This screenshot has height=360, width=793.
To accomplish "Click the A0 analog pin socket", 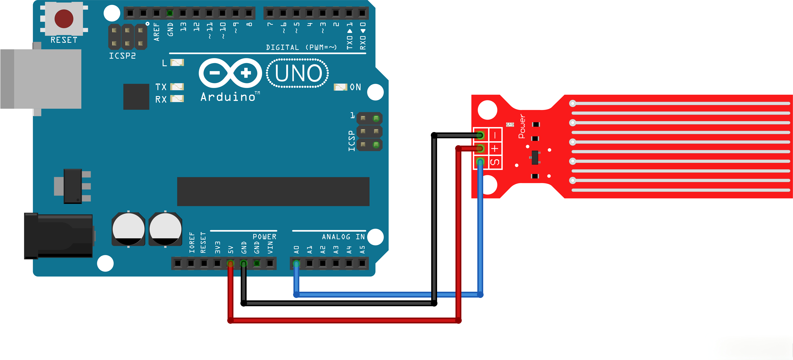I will click(296, 263).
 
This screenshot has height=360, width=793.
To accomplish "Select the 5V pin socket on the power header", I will click(230, 263).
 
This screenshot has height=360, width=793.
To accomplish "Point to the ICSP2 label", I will click(122, 56).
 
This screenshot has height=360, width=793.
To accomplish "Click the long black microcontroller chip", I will click(273, 191).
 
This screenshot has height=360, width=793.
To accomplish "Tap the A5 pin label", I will click(362, 250).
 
